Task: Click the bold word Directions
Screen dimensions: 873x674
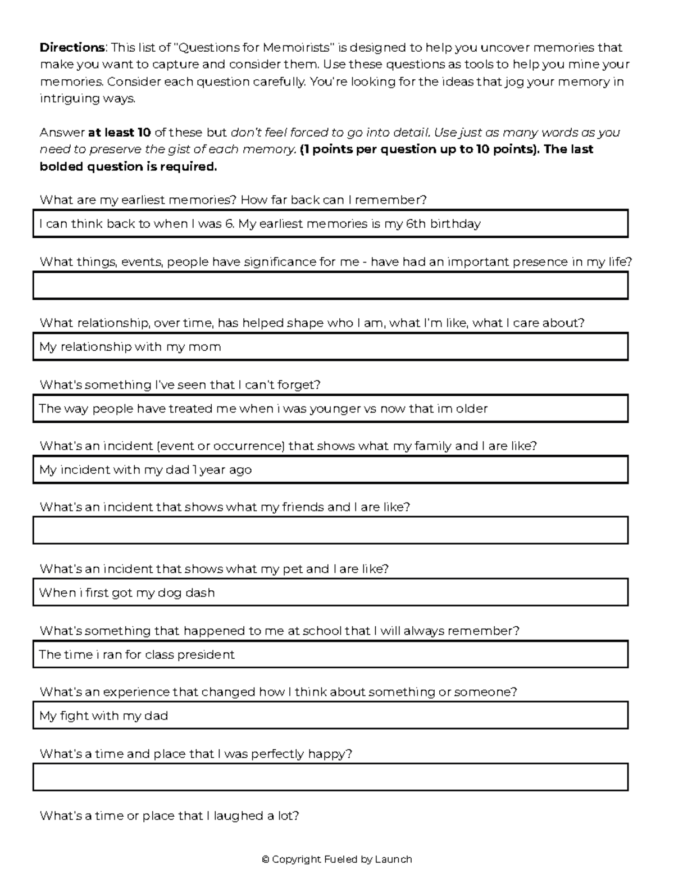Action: [x=72, y=47]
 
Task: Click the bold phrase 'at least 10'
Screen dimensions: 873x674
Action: [x=119, y=133]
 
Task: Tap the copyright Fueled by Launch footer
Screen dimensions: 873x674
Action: [x=337, y=859]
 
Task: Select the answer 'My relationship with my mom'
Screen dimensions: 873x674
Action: [x=130, y=347]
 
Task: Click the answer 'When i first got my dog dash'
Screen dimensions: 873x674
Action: [x=127, y=592]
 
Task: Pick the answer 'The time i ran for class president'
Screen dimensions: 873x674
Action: [x=137, y=654]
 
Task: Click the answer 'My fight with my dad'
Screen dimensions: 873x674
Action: [x=104, y=716]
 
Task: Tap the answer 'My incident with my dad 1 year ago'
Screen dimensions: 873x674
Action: [x=145, y=469]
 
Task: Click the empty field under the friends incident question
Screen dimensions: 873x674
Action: [x=330, y=531]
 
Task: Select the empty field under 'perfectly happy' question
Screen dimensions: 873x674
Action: [x=330, y=777]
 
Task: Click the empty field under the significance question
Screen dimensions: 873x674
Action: [x=330, y=285]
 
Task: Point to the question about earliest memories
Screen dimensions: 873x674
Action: [x=233, y=200]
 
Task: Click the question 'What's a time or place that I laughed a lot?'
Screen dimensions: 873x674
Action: [x=169, y=815]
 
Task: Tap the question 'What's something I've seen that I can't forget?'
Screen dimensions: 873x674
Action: [x=180, y=385]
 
